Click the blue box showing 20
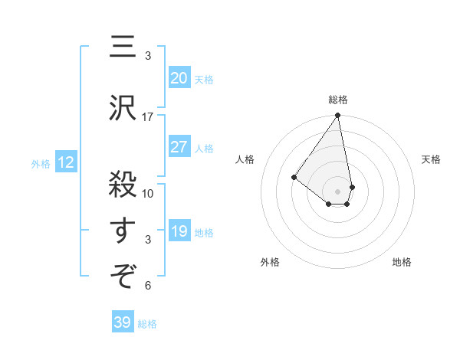(x=179, y=77)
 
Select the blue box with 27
(x=179, y=147)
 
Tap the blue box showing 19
(x=179, y=231)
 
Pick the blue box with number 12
(x=65, y=162)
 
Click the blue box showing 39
(x=123, y=322)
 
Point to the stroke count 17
(x=148, y=117)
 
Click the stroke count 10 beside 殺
(x=148, y=193)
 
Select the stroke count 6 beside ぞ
(x=148, y=286)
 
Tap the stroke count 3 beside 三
(x=148, y=56)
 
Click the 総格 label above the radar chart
(x=337, y=100)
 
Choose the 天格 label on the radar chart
(x=431, y=159)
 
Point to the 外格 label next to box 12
(x=40, y=163)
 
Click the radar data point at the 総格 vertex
(x=337, y=116)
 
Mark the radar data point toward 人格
(x=294, y=177)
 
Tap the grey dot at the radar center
(x=337, y=191)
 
